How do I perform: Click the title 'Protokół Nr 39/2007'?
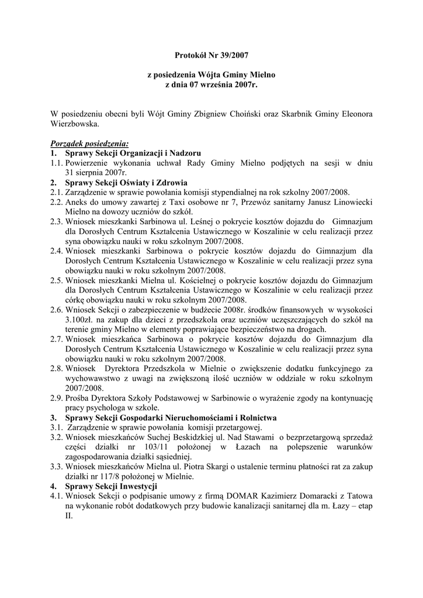211,56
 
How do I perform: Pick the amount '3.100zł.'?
82,321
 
